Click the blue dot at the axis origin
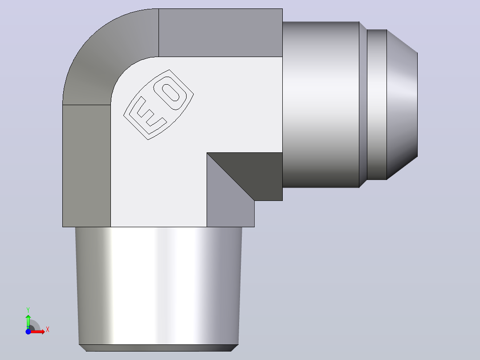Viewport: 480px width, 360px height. point(28,331)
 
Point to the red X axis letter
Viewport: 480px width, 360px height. point(48,330)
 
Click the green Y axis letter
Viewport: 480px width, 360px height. point(28,310)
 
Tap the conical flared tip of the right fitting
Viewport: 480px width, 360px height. point(402,104)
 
